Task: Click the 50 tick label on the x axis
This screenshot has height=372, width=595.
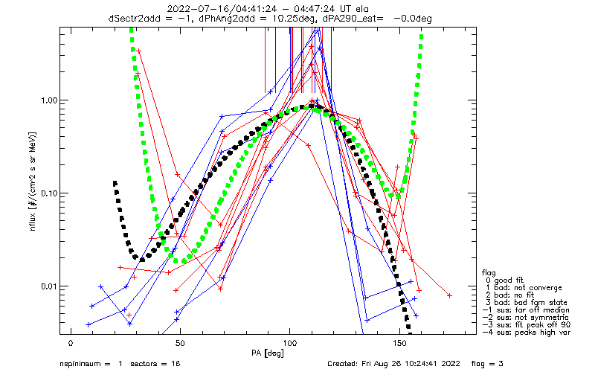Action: (x=180, y=344)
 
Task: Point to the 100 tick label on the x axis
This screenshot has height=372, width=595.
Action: (x=290, y=344)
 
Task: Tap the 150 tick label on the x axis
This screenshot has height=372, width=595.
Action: (x=399, y=344)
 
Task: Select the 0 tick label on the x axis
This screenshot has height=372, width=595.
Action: (x=71, y=344)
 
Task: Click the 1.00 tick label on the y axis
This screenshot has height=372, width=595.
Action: (x=49, y=100)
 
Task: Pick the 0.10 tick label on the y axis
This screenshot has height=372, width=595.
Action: (x=49, y=193)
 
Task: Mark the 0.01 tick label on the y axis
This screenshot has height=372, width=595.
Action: (x=49, y=286)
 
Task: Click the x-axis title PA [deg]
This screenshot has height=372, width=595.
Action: (x=268, y=353)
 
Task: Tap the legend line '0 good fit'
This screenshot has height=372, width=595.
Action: (x=504, y=280)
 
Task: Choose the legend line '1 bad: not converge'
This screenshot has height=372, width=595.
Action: (x=522, y=288)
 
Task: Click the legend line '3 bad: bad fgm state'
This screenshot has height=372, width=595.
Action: (x=525, y=303)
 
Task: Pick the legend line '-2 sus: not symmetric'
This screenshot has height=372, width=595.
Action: (x=526, y=318)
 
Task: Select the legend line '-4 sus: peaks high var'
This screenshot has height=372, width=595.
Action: (x=527, y=333)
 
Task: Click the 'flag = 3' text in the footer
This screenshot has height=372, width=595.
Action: (x=487, y=364)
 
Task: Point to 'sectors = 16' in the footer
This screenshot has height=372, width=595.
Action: (x=155, y=364)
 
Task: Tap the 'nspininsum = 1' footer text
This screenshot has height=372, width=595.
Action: (x=91, y=364)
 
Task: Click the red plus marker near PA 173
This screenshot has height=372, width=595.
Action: (x=450, y=295)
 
